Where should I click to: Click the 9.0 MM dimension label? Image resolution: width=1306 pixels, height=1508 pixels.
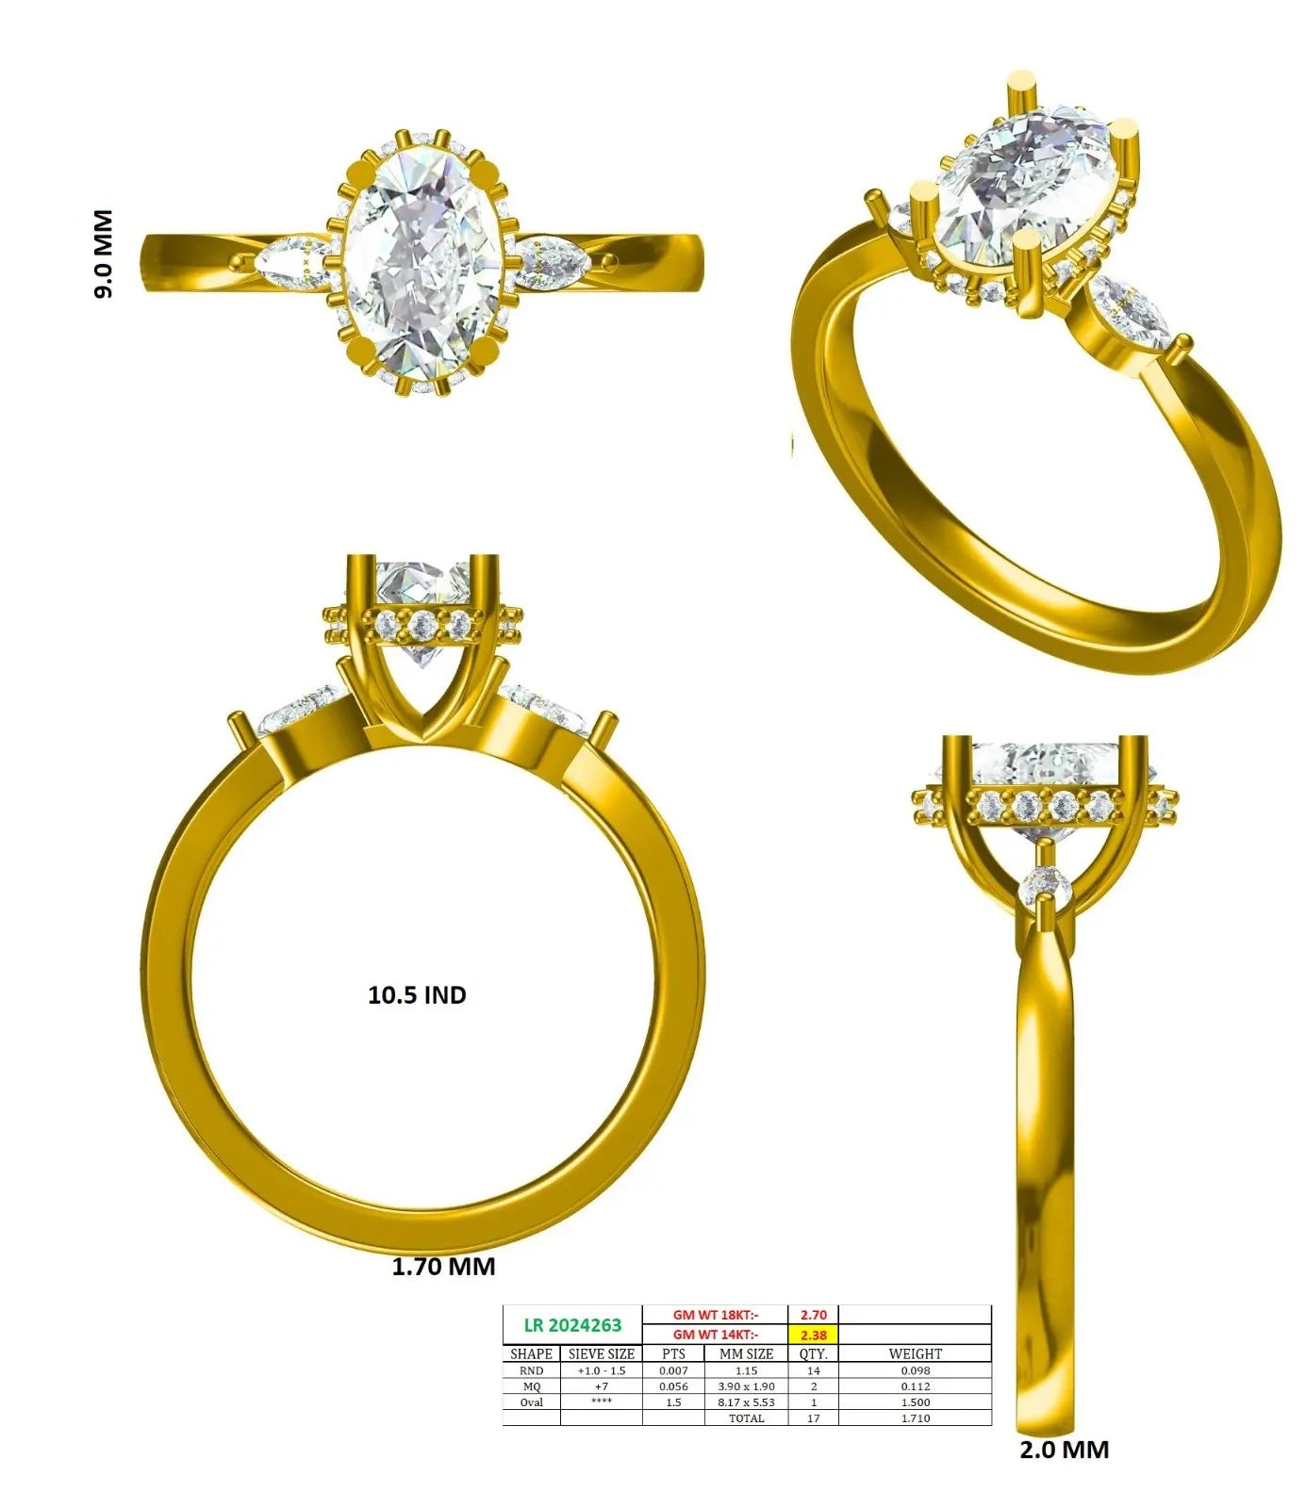pos(103,254)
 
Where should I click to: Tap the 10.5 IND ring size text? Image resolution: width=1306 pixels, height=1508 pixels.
pos(417,995)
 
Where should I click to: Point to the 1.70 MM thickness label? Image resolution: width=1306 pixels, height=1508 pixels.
pos(443,1266)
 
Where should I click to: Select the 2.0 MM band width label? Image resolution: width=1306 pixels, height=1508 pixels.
pos(1064,1450)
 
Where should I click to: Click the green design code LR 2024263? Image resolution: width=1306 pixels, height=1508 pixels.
pos(572,1325)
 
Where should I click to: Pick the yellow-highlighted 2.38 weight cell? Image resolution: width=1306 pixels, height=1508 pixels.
pos(813,1335)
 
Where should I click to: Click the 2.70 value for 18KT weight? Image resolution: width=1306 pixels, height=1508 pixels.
pos(813,1315)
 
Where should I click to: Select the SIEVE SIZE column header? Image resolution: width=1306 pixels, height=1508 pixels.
pos(601,1353)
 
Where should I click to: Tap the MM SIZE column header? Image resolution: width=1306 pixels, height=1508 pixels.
pos(746,1353)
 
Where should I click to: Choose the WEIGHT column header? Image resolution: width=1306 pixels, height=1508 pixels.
pos(915,1353)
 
